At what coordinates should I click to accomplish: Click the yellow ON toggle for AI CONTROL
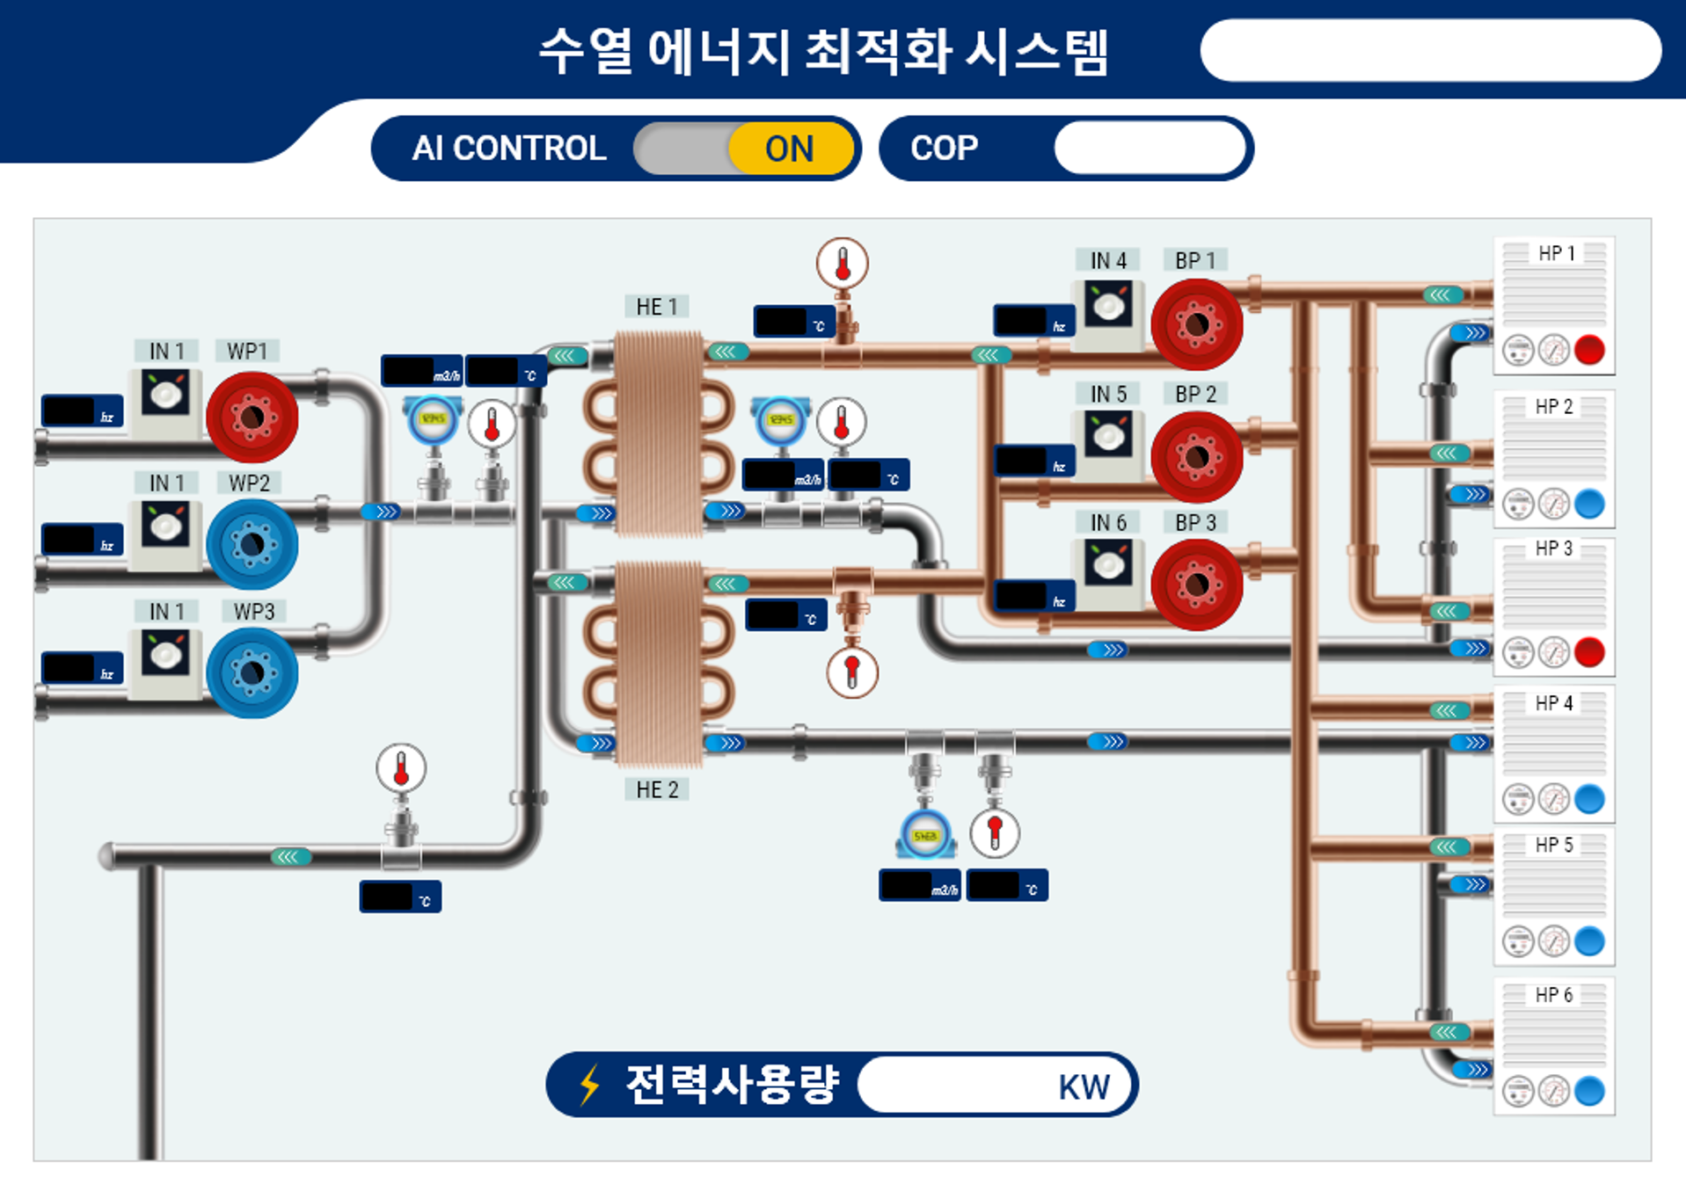pos(790,149)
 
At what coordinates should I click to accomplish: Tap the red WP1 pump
pos(252,417)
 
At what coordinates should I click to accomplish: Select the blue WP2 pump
pos(252,544)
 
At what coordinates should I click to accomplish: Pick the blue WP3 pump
pos(252,672)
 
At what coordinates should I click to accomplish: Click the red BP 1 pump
pos(1196,324)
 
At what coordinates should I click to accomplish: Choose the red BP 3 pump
pos(1196,585)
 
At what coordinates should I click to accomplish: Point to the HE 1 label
pos(657,307)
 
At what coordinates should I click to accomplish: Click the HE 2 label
pos(657,789)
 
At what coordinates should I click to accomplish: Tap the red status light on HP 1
pos(1589,350)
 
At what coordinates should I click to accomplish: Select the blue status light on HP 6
pos(1589,1091)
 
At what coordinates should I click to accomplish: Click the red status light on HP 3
pos(1589,652)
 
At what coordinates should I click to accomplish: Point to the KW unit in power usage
pos(1084,1087)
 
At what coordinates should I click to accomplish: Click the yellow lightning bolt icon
pos(590,1084)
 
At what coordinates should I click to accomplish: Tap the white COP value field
pos(1150,148)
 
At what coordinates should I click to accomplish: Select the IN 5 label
pos(1108,395)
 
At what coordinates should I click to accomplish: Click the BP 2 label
pos(1195,395)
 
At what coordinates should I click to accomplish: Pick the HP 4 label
pos(1554,703)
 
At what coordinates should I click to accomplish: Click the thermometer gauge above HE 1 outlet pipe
pos(842,263)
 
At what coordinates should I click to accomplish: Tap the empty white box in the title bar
pos(1430,50)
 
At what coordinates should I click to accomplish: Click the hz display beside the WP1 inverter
pos(82,411)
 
